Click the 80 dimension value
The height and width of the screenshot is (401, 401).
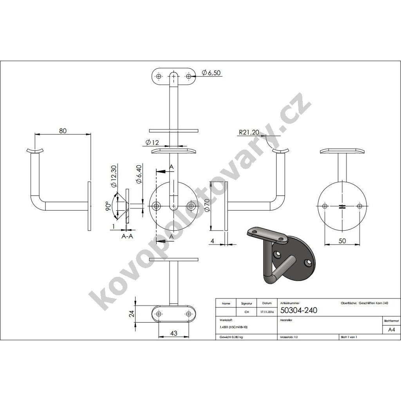pyautogui.click(x=63, y=131)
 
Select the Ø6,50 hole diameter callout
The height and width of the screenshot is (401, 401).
pyautogui.click(x=212, y=72)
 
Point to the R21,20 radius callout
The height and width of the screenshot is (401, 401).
pyautogui.click(x=249, y=133)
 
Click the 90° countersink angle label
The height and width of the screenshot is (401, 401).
pyautogui.click(x=108, y=206)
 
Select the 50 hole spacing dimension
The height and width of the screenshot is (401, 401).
pyautogui.click(x=342, y=241)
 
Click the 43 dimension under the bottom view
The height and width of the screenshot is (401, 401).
pyautogui.click(x=174, y=333)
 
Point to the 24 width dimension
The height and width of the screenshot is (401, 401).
pyautogui.click(x=132, y=314)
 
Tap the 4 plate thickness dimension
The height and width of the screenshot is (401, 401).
pyautogui.click(x=212, y=241)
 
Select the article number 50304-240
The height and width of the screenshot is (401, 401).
pyautogui.click(x=299, y=311)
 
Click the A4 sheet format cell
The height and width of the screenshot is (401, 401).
pyautogui.click(x=391, y=330)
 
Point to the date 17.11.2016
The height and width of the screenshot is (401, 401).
pyautogui.click(x=266, y=312)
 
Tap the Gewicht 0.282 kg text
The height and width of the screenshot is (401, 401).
pyautogui.click(x=231, y=337)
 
